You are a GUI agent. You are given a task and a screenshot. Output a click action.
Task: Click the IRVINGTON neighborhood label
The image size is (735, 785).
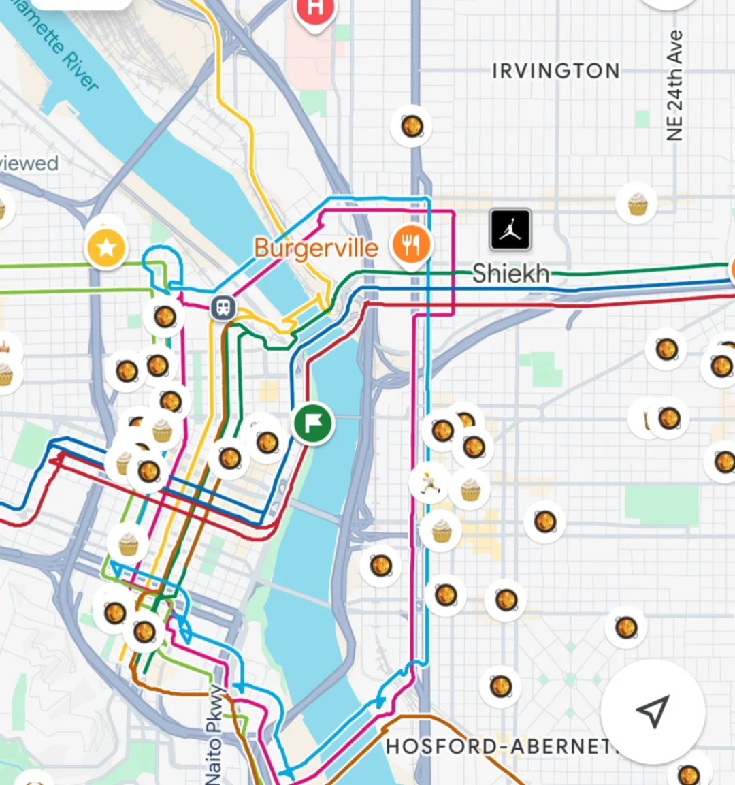coord(555,71)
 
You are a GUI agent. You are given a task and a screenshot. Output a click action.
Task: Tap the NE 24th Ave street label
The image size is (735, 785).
coord(674,86)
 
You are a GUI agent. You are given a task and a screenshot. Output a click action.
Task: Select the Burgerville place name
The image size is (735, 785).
coord(316,248)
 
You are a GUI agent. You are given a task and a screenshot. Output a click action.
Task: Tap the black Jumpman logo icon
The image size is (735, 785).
coord(510,229)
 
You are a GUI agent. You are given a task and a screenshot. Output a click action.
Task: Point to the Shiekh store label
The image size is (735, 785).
coord(510,274)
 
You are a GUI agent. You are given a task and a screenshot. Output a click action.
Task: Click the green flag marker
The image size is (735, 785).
coord(312,423)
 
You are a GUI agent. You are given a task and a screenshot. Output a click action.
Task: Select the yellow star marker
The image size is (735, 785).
coord(106,247)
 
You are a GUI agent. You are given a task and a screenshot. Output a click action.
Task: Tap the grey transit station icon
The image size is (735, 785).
coord(223,308)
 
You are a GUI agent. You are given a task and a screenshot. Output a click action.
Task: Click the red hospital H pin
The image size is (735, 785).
coord(314,10)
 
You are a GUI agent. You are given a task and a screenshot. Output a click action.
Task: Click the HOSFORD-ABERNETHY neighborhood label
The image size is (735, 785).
coord(500,746)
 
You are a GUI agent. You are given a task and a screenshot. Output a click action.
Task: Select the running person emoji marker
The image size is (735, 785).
coord(429,483)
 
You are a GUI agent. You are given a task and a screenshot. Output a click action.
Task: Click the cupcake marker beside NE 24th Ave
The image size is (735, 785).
coord(637,204)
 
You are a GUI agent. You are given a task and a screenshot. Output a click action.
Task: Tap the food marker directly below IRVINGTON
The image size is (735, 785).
coord(411,126)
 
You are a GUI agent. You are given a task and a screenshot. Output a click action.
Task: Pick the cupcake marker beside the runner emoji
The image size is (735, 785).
coord(470,489)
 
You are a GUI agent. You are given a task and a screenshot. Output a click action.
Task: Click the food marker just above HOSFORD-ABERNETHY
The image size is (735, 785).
coord(501,686)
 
